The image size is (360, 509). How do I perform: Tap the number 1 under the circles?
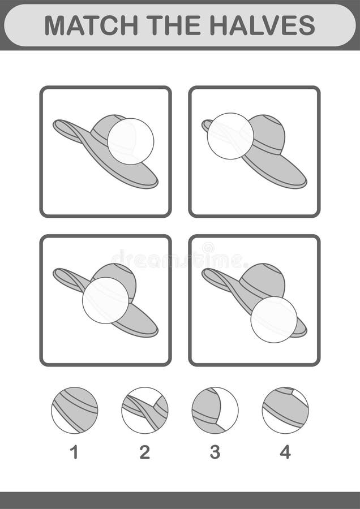[x=74, y=452]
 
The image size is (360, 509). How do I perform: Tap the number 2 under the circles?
[x=144, y=452]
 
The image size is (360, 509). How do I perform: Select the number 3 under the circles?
[x=215, y=452]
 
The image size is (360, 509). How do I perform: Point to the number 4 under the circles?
[x=285, y=452]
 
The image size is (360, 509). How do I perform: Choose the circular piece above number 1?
[x=74, y=410]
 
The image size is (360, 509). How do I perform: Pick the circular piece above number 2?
[x=144, y=410]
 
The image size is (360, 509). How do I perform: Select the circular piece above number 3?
[x=215, y=410]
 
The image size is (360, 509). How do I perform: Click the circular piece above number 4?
[x=285, y=410]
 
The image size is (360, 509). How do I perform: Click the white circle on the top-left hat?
[x=131, y=141]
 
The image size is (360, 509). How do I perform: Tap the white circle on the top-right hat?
[x=230, y=136]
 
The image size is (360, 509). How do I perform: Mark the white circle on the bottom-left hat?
[x=105, y=300]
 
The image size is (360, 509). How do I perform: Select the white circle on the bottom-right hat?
[x=274, y=320]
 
